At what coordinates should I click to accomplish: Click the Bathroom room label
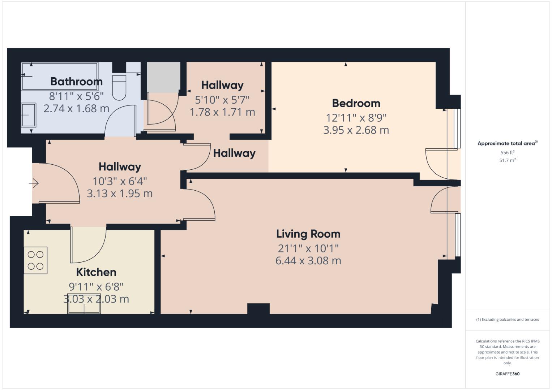point(76,82)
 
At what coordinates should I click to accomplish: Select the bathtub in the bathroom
point(60,76)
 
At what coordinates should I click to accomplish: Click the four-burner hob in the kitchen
point(35,260)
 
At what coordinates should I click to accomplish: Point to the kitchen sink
point(84,306)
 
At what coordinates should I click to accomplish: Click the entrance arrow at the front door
point(34,183)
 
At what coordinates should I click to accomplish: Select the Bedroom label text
point(356,103)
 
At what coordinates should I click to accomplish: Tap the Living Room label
point(308,234)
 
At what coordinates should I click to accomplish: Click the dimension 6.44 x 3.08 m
point(308,261)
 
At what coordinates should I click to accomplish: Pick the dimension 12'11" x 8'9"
point(356,118)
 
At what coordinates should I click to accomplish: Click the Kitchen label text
point(96,272)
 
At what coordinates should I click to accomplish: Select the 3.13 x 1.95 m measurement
point(120,194)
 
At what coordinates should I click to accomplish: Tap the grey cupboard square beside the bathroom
point(163,77)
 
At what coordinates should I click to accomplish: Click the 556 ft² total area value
point(507,153)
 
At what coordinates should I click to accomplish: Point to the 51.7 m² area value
point(507,160)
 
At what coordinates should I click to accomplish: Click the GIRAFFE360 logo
point(507,374)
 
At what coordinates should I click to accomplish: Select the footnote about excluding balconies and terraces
point(507,320)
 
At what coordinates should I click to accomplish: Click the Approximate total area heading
point(507,143)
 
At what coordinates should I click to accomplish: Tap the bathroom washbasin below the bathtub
point(29,115)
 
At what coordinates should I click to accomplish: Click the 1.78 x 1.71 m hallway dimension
point(222,112)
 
